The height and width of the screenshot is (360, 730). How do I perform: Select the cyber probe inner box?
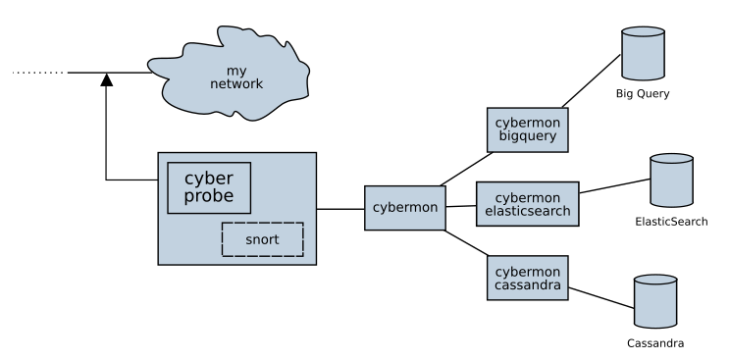[209, 188]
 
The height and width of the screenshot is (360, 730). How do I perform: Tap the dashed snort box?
[262, 239]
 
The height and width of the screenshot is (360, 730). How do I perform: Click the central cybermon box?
[404, 208]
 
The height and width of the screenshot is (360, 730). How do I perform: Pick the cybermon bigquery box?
[528, 129]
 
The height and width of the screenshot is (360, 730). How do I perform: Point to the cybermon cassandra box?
[528, 278]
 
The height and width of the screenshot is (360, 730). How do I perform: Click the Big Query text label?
[643, 93]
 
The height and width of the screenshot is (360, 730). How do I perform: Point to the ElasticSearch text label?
[671, 223]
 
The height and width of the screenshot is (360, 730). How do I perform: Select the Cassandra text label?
[654, 344]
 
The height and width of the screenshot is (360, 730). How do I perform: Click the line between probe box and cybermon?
[340, 208]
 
